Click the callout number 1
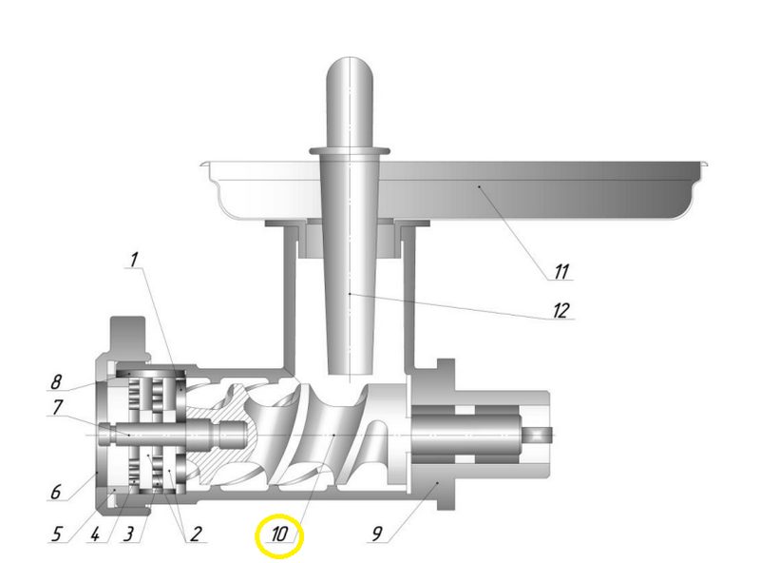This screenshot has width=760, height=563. pos(134,261)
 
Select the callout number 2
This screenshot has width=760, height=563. pos(195,534)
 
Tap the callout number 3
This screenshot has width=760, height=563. pos(128,534)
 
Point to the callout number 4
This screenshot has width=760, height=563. pos(94,534)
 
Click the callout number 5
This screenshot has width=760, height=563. pos(57,534)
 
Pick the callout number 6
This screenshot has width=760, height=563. pos(56,492)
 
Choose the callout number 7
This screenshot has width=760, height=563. pos(58,407)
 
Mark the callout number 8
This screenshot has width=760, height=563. pos(56,381)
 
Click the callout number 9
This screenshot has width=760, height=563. pos(377,534)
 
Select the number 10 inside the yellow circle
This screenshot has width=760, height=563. pos(279,534)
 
